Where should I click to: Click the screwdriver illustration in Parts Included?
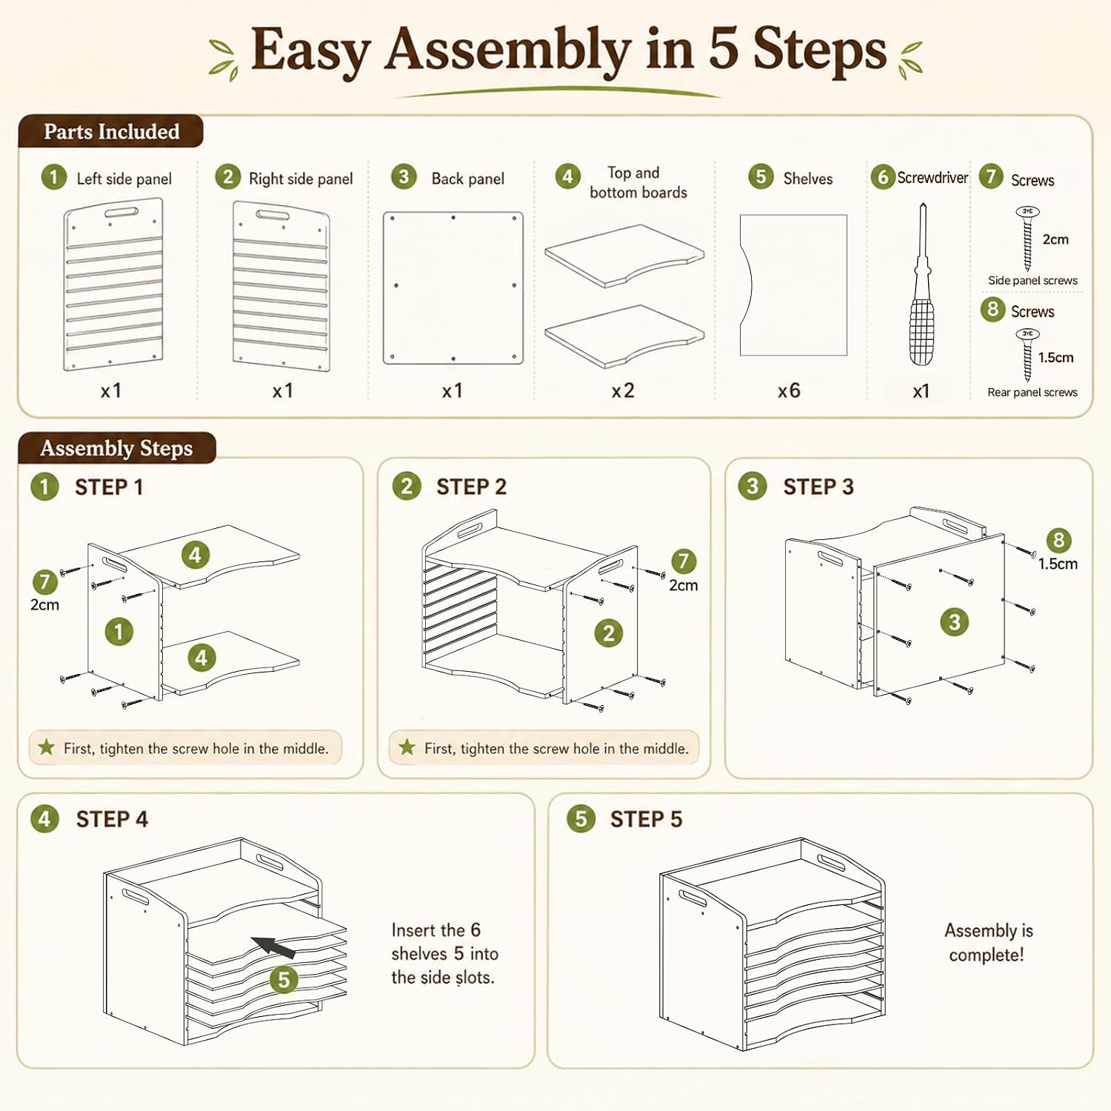point(921,285)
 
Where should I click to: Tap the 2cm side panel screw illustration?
point(1027,238)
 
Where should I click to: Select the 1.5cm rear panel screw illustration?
point(1027,356)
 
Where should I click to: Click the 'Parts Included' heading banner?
point(111,131)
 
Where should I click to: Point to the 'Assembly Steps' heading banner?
point(117,448)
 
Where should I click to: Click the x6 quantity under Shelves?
point(789,390)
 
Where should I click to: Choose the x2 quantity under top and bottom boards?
point(623,390)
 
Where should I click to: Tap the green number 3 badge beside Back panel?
point(404,177)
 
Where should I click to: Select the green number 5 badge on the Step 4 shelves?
point(284,979)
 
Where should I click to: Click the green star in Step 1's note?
point(47,747)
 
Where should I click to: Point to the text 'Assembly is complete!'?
point(988,942)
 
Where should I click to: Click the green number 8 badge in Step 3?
point(1058,540)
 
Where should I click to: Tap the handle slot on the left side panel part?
point(121,213)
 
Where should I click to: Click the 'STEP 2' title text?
point(471,487)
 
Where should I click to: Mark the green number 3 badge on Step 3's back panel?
point(954,621)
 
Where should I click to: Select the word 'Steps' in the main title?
point(820,50)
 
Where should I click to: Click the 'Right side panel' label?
point(301,179)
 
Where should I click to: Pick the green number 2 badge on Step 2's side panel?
point(608,633)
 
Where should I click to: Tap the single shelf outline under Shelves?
point(793,285)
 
